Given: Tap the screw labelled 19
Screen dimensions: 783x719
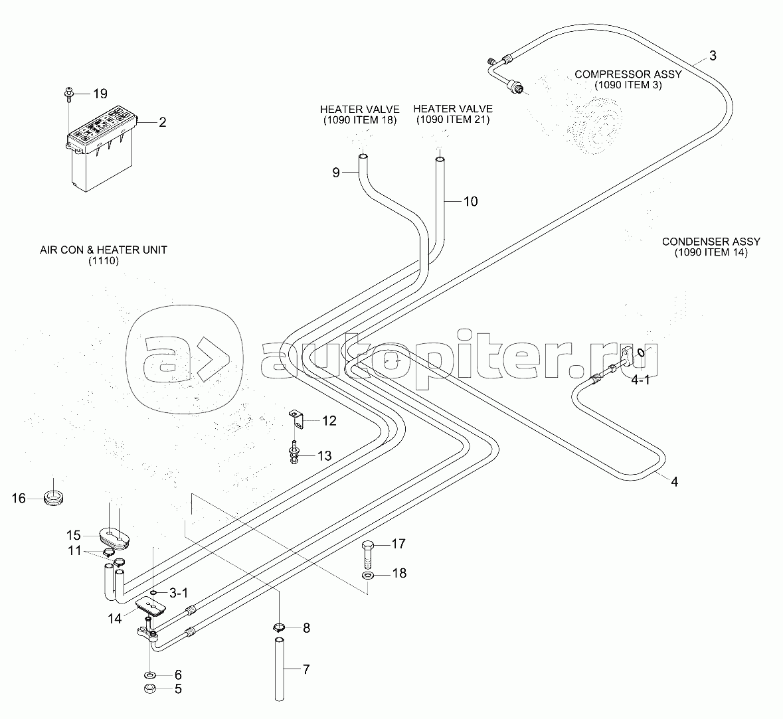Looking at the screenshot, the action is coord(69,95).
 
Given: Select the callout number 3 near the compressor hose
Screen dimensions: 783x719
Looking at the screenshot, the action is coord(713,56).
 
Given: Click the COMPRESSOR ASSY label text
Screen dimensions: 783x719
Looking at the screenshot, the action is coord(628,74).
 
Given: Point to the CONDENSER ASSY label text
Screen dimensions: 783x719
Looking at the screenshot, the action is coord(711,242).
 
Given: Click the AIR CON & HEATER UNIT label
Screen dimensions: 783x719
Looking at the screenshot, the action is coord(104,255).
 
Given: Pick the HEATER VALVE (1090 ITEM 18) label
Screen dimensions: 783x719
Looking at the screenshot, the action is coord(359,114).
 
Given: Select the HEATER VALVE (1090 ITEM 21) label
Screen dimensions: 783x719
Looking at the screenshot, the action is coord(453,114).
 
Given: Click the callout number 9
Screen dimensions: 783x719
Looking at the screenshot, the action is coord(336,173).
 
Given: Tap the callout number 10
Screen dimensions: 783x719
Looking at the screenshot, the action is coord(470,201).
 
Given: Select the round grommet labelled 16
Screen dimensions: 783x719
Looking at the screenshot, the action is coord(54,497).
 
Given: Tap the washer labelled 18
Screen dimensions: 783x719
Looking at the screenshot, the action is coord(368,577).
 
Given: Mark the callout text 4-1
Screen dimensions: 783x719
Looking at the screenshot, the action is coord(641,380).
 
